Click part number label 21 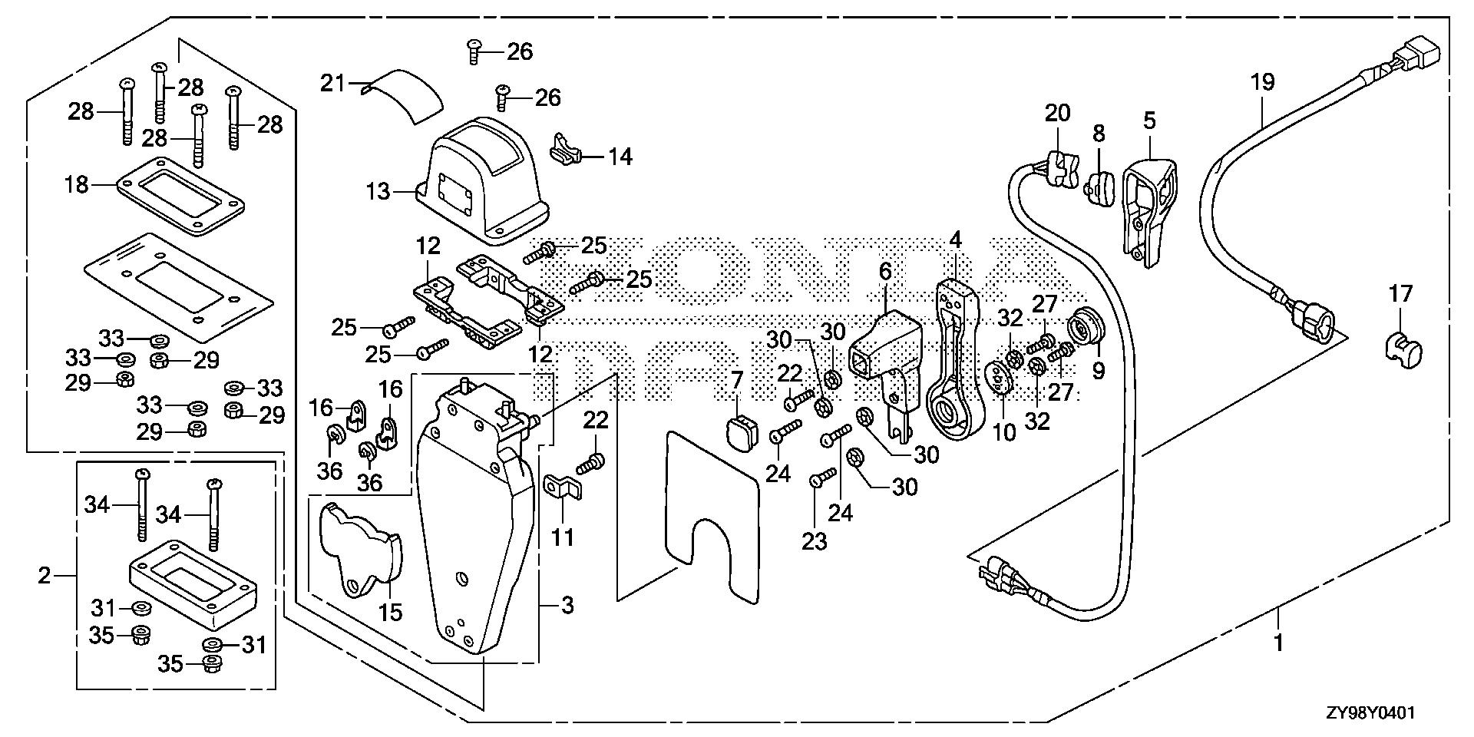coord(333,83)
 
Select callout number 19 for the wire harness coord(1263,81)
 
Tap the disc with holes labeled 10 coord(998,380)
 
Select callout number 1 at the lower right coord(1278,643)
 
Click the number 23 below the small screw coord(815,541)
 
